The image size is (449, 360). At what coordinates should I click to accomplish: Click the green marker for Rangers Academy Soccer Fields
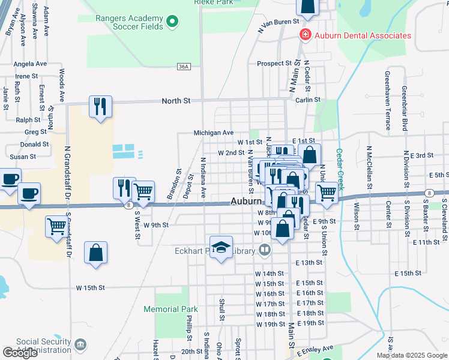[173, 23]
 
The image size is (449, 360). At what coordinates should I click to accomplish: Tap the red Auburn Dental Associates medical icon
[306, 35]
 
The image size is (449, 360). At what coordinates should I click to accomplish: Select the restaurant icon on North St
[100, 106]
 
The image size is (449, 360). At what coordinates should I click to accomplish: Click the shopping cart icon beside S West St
[143, 191]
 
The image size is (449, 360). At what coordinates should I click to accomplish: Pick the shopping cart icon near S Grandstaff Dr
[56, 226]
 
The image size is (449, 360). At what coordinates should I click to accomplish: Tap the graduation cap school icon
[221, 247]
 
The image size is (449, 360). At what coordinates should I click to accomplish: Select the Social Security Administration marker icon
[80, 345]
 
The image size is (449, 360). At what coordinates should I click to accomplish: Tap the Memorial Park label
[170, 309]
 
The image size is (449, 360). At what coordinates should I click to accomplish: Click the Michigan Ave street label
[213, 133]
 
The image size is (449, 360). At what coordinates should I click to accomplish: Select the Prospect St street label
[274, 63]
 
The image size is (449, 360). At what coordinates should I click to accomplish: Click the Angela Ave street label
[30, 64]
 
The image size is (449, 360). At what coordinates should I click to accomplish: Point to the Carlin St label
[308, 100]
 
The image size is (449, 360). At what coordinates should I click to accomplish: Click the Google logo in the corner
[20, 353]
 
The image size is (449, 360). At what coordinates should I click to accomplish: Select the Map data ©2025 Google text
[411, 355]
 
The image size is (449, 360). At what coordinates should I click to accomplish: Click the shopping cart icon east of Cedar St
[327, 192]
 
